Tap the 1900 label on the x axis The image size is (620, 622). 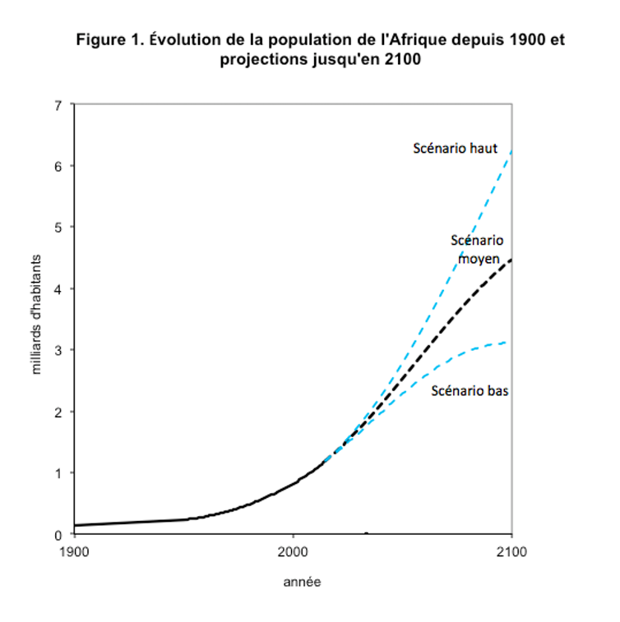[x=74, y=551]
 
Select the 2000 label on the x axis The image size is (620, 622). [x=294, y=551]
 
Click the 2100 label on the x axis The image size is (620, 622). [x=511, y=551]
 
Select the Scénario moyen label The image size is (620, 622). [x=477, y=249]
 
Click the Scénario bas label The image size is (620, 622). [x=470, y=391]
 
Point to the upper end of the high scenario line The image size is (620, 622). [x=511, y=151]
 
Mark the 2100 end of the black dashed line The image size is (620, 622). [x=511, y=259]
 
